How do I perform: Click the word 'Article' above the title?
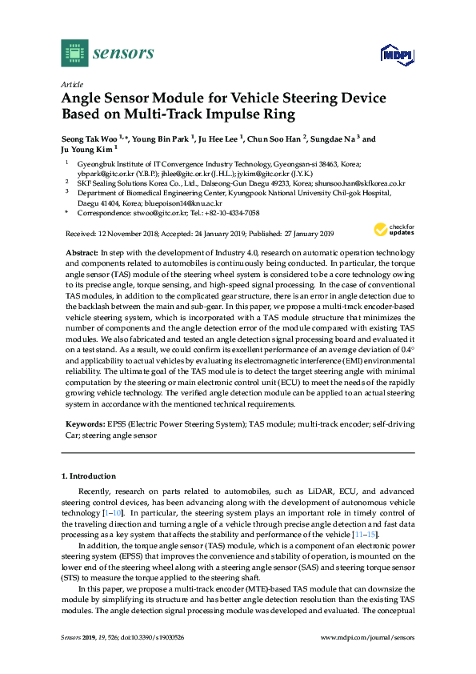click(73, 83)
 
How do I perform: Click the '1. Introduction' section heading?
click(89, 475)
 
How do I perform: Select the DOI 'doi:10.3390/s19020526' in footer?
click(155, 660)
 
